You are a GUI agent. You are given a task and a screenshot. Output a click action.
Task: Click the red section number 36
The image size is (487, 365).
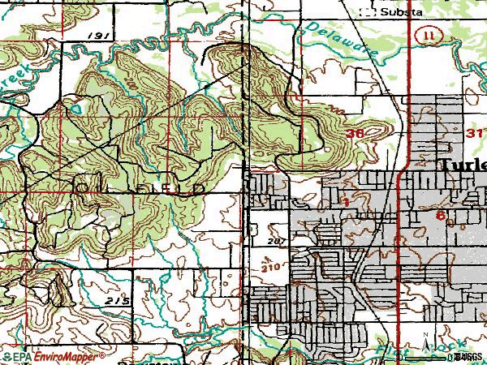coord(354,133)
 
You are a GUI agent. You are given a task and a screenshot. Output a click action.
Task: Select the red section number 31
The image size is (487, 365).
coord(476,132)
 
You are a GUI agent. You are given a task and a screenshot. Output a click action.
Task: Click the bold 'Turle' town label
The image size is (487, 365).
coord(463,165)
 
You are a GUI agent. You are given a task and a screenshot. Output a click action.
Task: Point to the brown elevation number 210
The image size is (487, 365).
coord(272,265)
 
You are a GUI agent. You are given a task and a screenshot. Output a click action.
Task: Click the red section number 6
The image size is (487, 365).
coord(439,216)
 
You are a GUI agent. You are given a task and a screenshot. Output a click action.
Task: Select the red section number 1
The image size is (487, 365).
coord(345,200)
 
